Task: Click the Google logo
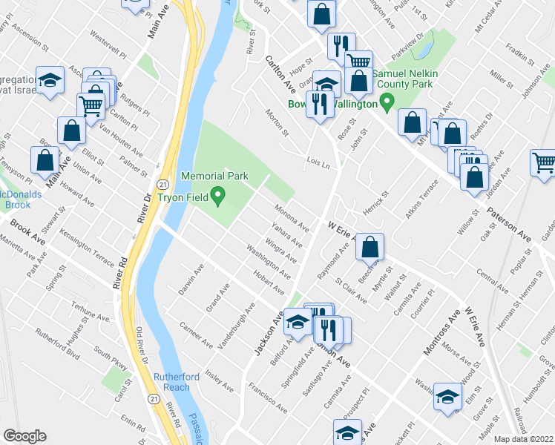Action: coord(24,436)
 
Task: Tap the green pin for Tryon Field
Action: coord(218,197)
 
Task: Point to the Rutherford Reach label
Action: coord(177,382)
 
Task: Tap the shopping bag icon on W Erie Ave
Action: coord(370,245)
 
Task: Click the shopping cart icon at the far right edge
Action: coord(543,162)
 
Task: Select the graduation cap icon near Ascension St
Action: coord(50,82)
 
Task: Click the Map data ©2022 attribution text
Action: coord(524,439)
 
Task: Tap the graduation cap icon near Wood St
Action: coord(447,397)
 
